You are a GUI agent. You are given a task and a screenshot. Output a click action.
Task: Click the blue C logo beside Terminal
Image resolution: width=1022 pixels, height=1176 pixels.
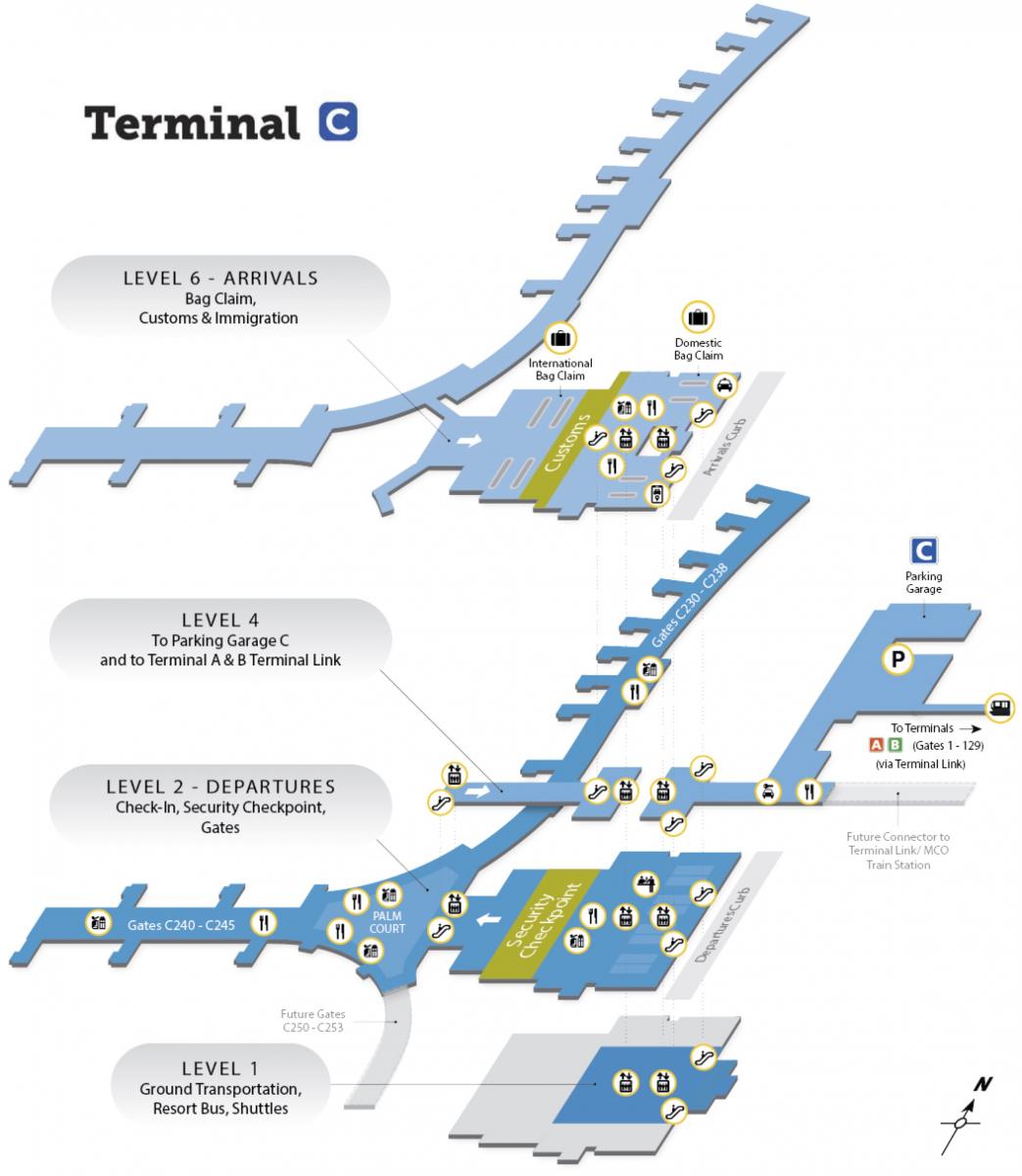[338, 122]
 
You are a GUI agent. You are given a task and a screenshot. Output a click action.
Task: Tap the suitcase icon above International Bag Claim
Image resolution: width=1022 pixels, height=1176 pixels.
[560, 339]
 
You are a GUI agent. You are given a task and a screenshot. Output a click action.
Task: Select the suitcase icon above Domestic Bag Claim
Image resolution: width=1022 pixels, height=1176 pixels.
[698, 318]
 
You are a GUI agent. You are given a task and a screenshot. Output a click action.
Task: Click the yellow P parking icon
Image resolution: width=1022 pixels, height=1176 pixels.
[897, 661]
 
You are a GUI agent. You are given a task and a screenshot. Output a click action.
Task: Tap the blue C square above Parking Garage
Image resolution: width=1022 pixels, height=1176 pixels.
[924, 550]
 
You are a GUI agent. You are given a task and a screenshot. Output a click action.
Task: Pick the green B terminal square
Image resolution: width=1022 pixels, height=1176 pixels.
[895, 745]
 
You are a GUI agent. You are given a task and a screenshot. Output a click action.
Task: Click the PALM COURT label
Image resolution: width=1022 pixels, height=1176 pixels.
[387, 922]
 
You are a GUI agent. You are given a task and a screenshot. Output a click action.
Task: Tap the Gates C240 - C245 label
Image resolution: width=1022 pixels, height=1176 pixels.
[181, 923]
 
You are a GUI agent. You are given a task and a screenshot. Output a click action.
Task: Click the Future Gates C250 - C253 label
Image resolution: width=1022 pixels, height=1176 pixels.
[313, 1021]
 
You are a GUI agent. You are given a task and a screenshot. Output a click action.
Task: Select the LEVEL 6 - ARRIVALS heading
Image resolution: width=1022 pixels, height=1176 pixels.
[220, 277]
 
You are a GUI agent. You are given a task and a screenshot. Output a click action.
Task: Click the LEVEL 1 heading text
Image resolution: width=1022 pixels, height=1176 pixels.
[220, 1068]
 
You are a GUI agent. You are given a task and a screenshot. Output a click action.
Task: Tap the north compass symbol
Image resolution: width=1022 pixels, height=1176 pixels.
[965, 1112]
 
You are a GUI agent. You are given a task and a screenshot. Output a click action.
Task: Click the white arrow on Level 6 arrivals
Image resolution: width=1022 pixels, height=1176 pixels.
[469, 441]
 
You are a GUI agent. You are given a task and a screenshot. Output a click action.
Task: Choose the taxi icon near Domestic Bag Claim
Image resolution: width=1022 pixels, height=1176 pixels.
[724, 385]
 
